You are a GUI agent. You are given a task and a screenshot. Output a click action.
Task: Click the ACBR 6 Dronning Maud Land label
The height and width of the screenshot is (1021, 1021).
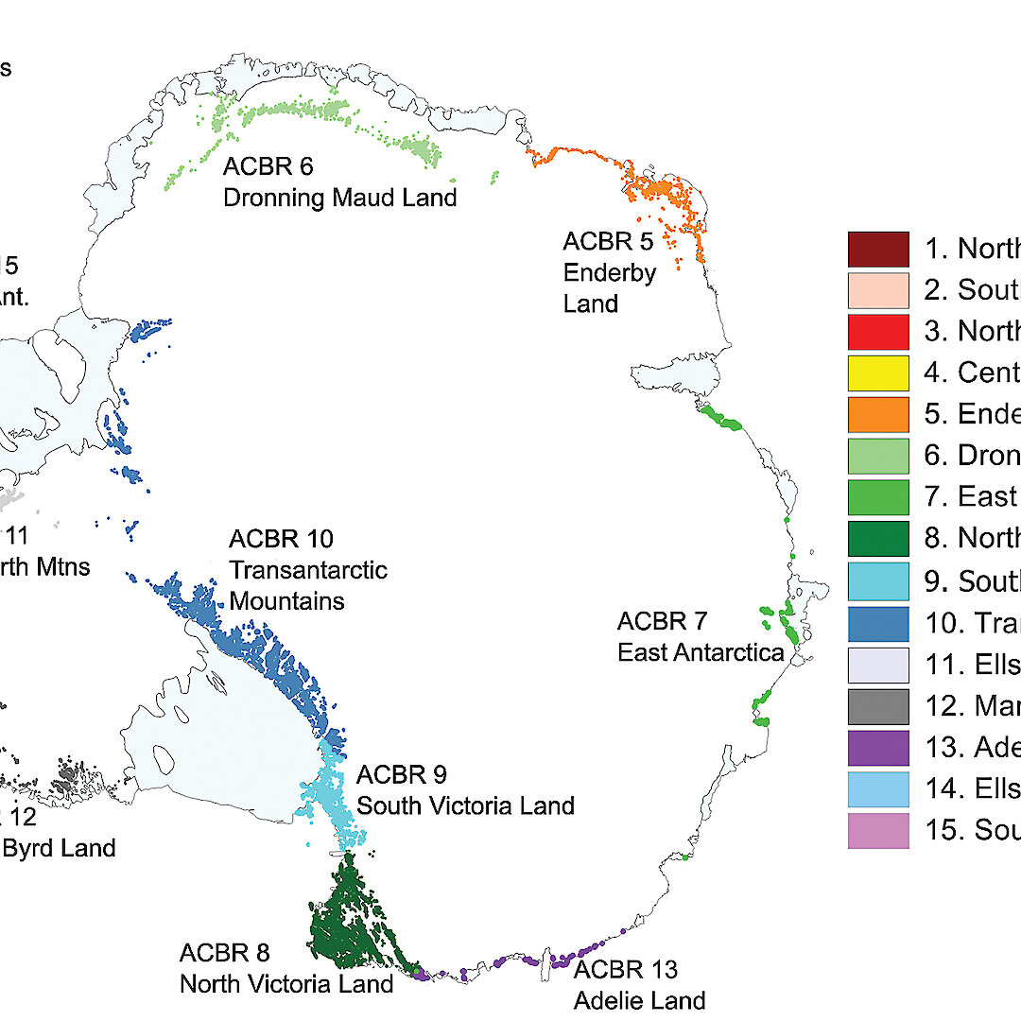tap(339, 182)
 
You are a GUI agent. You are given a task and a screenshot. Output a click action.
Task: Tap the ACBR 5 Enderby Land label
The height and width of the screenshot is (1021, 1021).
tap(608, 272)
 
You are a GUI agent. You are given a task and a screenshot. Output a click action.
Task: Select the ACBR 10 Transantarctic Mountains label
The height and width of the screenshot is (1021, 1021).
tap(308, 570)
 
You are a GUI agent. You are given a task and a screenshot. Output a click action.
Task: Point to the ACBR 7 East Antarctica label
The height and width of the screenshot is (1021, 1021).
tap(701, 636)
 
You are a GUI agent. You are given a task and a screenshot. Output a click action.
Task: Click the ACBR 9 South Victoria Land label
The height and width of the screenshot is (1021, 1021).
tap(465, 790)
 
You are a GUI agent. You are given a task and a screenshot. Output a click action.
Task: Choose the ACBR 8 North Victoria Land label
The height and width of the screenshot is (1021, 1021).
tap(286, 968)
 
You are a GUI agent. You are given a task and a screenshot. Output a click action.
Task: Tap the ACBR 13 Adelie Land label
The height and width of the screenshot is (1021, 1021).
tap(639, 984)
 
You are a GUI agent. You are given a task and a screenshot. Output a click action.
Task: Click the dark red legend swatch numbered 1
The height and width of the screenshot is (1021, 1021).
tap(878, 249)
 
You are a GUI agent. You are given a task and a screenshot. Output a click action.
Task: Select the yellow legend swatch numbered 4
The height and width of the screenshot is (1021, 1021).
tap(878, 372)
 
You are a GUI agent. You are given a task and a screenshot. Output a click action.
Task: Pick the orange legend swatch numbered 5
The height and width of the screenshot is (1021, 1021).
tap(878, 414)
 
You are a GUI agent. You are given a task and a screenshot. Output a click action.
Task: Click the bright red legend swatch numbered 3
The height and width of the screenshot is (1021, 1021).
tap(878, 331)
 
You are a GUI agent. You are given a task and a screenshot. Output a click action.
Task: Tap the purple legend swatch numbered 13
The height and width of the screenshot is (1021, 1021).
tap(878, 748)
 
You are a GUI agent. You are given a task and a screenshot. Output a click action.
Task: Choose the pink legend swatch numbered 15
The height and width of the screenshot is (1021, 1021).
tap(878, 831)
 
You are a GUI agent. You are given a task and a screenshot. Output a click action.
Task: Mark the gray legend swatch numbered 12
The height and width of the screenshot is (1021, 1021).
tap(878, 706)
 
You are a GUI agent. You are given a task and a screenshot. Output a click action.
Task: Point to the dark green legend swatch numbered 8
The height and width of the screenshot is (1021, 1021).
tap(878, 539)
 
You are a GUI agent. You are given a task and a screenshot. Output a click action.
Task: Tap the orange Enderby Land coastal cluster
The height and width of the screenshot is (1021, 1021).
tap(662, 194)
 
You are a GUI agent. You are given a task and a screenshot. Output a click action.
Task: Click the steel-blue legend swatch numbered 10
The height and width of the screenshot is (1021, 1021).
tap(878, 623)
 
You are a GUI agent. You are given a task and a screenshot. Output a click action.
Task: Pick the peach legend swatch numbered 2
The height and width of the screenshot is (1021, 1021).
tap(878, 290)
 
